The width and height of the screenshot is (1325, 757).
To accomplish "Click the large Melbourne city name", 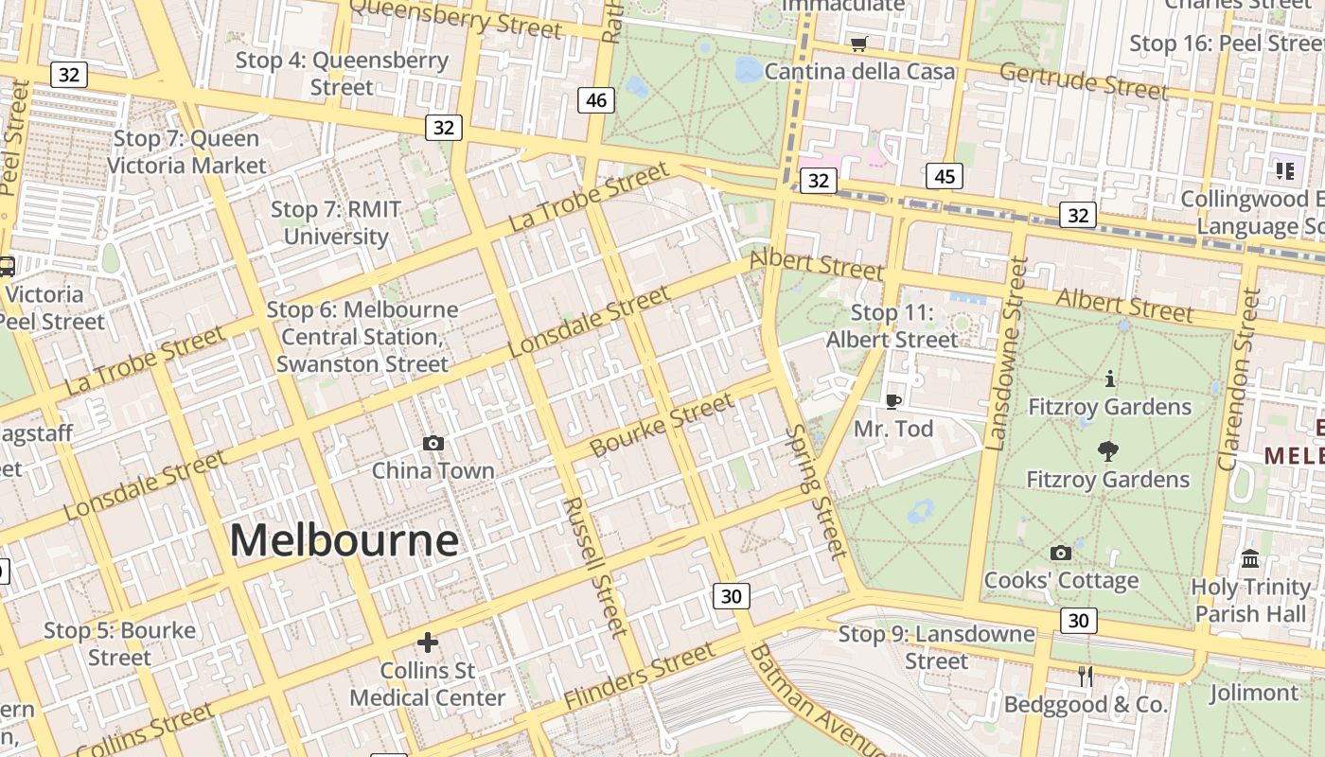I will [x=344, y=541].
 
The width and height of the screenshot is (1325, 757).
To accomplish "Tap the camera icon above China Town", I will [x=433, y=443].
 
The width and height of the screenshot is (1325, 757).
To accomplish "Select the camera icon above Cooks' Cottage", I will [x=1061, y=553].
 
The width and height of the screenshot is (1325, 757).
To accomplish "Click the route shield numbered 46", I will [x=596, y=99].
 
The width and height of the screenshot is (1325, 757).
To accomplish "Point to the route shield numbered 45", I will [x=945, y=176].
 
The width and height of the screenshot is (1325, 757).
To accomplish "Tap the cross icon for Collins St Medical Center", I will [x=428, y=643].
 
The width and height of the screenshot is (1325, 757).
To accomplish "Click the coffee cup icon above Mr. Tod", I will [x=892, y=401].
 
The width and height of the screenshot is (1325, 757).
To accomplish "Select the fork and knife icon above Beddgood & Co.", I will [x=1085, y=677].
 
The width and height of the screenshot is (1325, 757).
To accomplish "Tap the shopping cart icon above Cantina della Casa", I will [x=859, y=44].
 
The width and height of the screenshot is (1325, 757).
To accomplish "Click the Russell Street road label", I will [x=594, y=566].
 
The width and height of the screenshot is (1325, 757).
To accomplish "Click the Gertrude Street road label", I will [x=1084, y=80].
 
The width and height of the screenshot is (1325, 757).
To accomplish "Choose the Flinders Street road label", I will [x=640, y=676].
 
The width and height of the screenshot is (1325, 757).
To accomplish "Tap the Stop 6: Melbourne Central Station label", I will [x=362, y=337].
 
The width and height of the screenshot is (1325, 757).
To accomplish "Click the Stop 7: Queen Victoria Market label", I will [x=186, y=152].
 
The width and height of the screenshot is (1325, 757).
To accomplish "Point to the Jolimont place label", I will [x=1253, y=694].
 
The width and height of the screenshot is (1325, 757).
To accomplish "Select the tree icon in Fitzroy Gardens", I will [x=1107, y=451].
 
